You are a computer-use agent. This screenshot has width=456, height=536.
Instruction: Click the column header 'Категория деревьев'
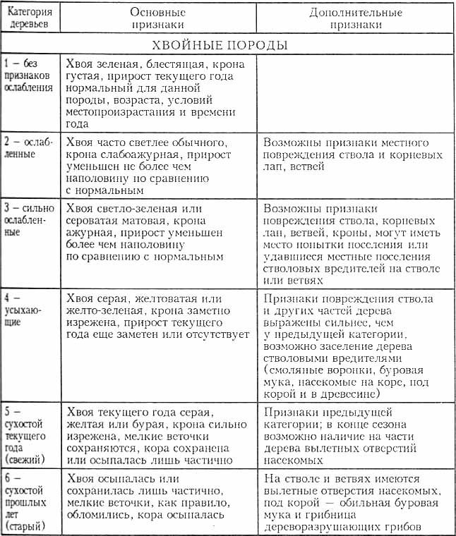point(30,19)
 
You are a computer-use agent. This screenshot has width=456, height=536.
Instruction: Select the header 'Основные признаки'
point(157,19)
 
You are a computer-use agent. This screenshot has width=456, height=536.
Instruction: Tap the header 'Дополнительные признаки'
point(356,19)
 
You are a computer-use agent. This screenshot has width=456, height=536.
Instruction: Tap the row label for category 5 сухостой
point(28,435)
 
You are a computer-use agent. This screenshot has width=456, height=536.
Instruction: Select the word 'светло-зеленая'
point(138,208)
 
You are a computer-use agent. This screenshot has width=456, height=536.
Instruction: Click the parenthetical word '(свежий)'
point(25,460)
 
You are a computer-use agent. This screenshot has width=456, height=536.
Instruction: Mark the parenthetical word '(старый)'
point(25,527)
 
